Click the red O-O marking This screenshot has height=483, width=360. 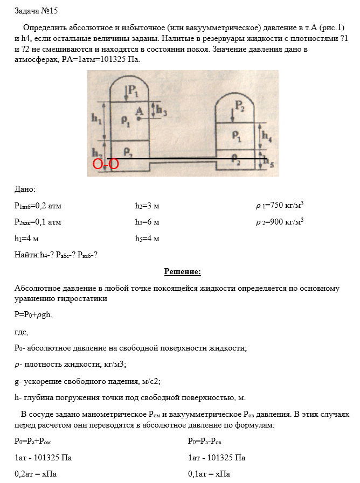106,164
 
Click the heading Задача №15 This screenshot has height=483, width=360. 36,10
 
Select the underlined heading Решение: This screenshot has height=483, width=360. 182,272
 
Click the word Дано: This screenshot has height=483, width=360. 25,189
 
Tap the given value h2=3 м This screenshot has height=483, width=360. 147,205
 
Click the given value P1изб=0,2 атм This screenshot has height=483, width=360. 38,206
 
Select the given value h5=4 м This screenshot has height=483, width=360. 147,239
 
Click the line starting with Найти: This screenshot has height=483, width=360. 56,255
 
